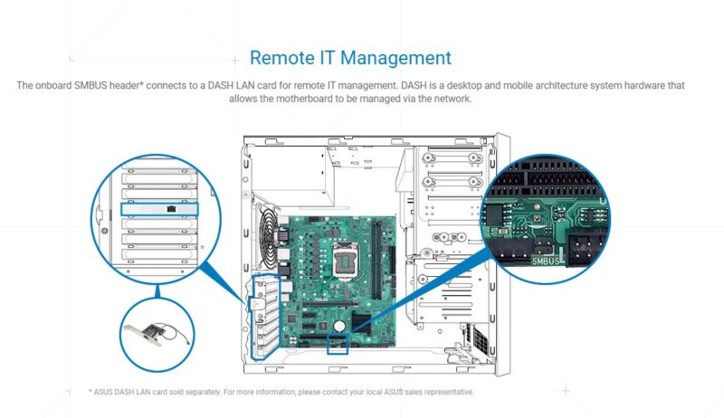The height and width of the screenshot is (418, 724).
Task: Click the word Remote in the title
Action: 284,58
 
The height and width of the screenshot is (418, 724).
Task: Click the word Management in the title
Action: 396,58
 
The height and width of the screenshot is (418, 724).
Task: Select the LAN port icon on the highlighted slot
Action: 171,208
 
